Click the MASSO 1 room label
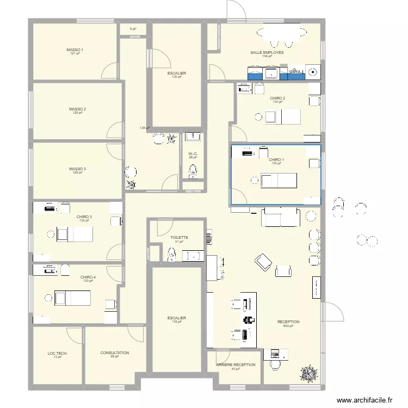click(x=75, y=50)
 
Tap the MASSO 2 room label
click(x=77, y=109)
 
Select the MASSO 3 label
click(x=77, y=169)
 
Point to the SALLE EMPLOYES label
click(x=267, y=53)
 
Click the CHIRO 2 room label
click(x=277, y=98)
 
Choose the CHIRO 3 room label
click(x=84, y=217)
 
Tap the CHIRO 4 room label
click(x=88, y=277)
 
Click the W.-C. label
click(x=193, y=154)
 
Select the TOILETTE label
click(x=179, y=238)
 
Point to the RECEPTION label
click(x=288, y=322)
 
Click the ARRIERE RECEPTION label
click(x=236, y=365)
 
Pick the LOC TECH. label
click(x=57, y=354)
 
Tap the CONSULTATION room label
click(x=114, y=353)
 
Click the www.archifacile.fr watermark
click(x=364, y=400)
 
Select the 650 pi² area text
click(x=288, y=326)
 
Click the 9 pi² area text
click(x=133, y=29)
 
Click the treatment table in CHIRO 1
click(x=278, y=180)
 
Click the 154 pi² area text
click(x=267, y=57)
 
